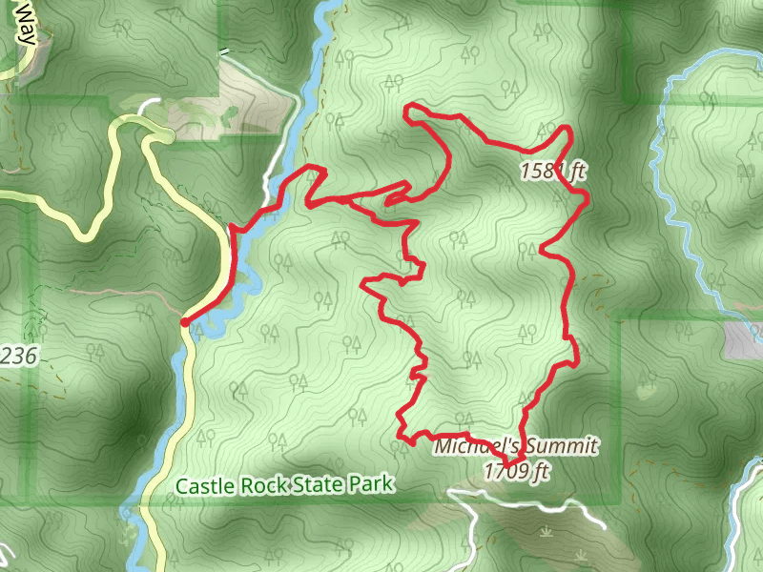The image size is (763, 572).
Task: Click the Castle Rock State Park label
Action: [284, 484]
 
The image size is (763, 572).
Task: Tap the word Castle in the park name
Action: [200, 485]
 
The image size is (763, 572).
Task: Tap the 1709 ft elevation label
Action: [517, 470]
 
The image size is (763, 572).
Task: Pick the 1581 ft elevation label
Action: [552, 172]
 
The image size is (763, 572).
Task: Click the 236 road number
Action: [18, 357]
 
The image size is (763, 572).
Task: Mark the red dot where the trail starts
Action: [184, 322]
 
